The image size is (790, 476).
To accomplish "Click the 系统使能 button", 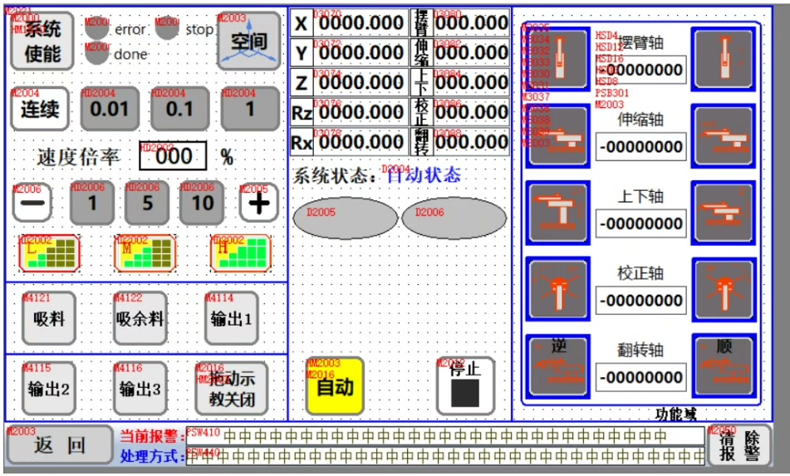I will coord(42,41).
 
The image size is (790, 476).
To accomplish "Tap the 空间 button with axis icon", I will coord(248,41).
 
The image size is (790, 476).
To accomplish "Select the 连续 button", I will coord(40,110).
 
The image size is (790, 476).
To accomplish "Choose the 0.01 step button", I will coord(110,110).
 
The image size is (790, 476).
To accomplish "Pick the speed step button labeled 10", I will coord(203,203).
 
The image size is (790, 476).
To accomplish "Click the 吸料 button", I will coord(48,318).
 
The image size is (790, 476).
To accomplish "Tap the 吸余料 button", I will coord(140,318).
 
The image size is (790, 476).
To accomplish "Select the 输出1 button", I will coord(231,318).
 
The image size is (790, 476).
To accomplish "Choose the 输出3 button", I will coord(140,388).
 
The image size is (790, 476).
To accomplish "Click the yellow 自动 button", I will coord(334,386).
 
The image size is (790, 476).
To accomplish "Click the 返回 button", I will coord(59,446).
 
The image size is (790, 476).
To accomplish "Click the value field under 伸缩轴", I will coord(640,147).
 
